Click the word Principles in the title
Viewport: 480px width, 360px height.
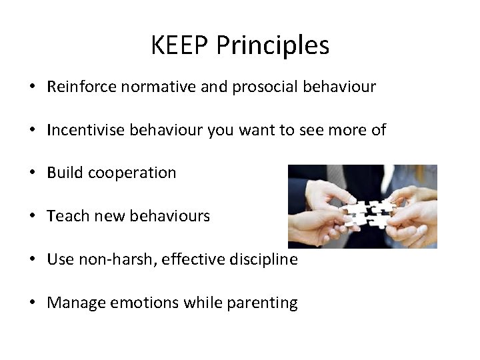point(273,46)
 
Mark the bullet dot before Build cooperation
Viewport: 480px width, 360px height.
point(32,173)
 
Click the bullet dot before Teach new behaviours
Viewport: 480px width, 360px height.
point(32,217)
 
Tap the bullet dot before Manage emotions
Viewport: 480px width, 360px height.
point(32,303)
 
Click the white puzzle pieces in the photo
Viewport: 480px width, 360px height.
point(369,209)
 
